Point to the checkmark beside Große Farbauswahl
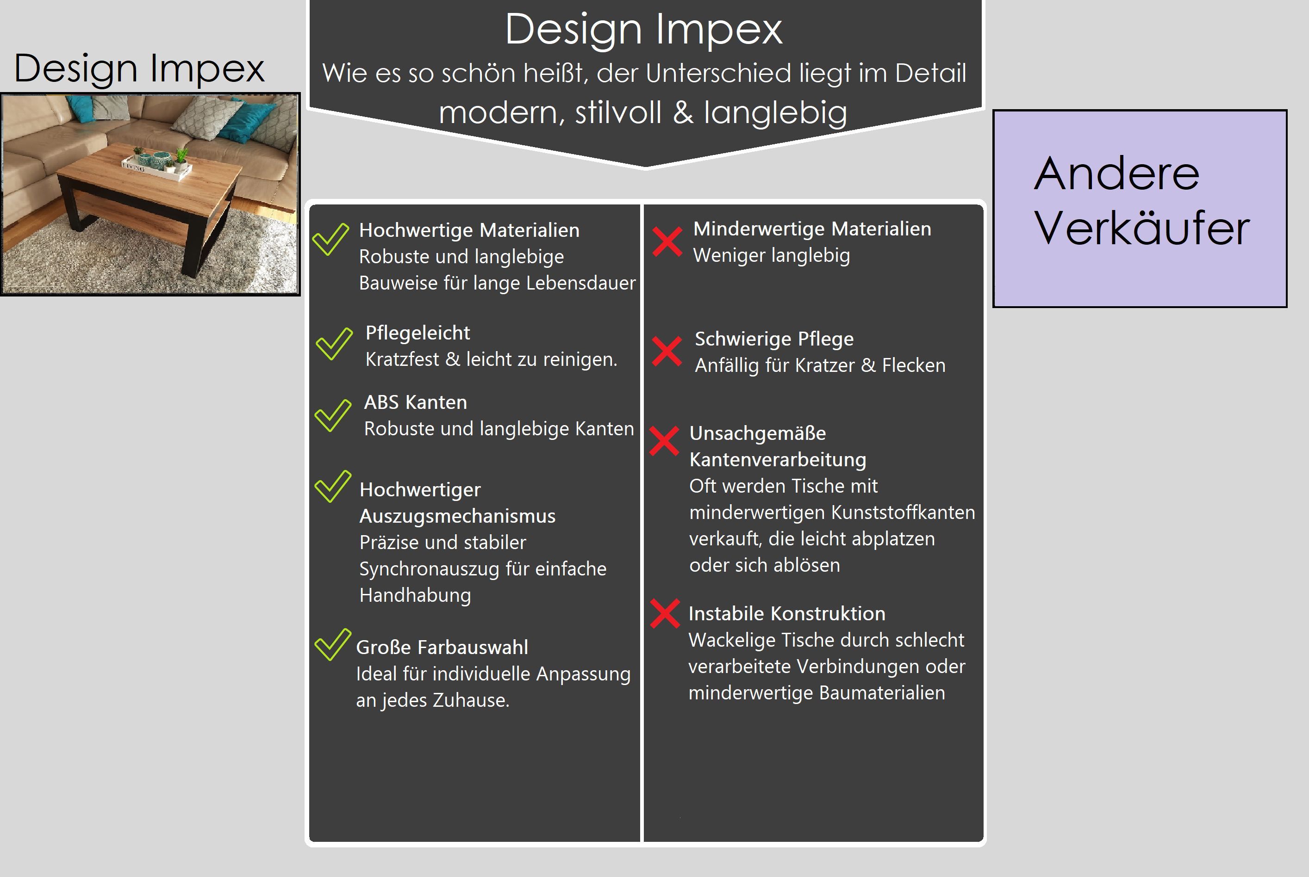(332, 645)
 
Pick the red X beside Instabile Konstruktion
(665, 613)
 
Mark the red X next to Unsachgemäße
(664, 441)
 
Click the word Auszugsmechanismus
(457, 516)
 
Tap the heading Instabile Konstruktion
(787, 613)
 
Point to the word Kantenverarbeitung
(777, 460)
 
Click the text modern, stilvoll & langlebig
(643, 112)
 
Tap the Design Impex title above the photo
(139, 69)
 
